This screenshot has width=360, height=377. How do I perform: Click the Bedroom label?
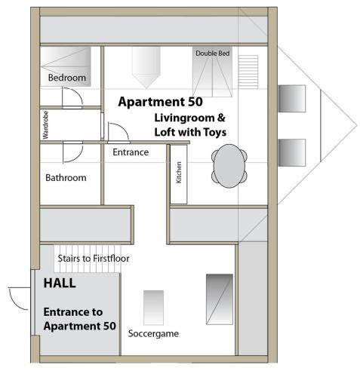coord(67,78)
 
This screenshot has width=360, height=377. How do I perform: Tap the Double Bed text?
coord(213,54)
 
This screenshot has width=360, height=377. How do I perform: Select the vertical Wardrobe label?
coord(45,125)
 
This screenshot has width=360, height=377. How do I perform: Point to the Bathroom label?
coord(66,178)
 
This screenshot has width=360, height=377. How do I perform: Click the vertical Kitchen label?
coord(179,173)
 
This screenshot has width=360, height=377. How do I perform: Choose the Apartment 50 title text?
coord(161,102)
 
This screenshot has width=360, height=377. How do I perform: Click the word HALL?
coord(60,283)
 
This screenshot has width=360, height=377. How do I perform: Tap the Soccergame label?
coord(153,333)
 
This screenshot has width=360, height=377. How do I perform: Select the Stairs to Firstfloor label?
coord(94,259)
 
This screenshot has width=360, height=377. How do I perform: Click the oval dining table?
coord(229,166)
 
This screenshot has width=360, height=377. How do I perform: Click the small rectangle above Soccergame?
coord(153,308)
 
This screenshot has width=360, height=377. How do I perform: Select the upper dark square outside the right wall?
coord(292,99)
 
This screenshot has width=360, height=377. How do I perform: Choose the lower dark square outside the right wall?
coord(292,152)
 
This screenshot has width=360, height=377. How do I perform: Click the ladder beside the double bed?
coord(248,72)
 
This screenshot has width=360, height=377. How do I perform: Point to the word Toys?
coord(215,132)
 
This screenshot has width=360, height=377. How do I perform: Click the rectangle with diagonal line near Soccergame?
coord(220,299)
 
